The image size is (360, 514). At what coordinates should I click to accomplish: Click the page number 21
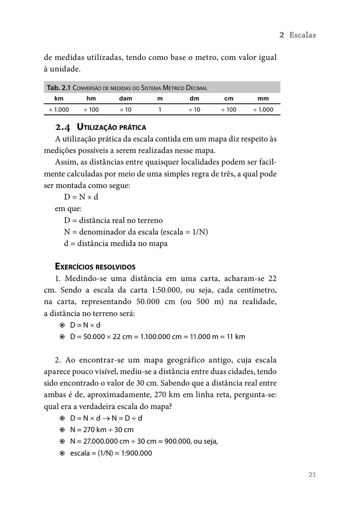point(312,475)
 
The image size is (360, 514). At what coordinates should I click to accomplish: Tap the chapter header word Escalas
point(302,35)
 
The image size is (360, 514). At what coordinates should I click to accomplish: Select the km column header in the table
point(59,99)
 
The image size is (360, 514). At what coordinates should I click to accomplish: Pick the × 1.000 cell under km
point(59,110)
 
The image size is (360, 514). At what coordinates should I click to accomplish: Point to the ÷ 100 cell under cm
point(229,110)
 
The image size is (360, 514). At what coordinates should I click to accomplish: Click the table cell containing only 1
point(160,110)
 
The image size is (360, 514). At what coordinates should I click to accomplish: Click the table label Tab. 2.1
point(59,88)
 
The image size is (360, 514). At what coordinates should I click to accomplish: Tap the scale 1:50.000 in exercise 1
point(167,290)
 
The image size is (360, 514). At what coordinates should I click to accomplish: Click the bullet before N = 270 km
point(62,430)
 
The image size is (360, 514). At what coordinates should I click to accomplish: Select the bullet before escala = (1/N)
point(62,453)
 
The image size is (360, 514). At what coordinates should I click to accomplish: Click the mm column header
point(263,99)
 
